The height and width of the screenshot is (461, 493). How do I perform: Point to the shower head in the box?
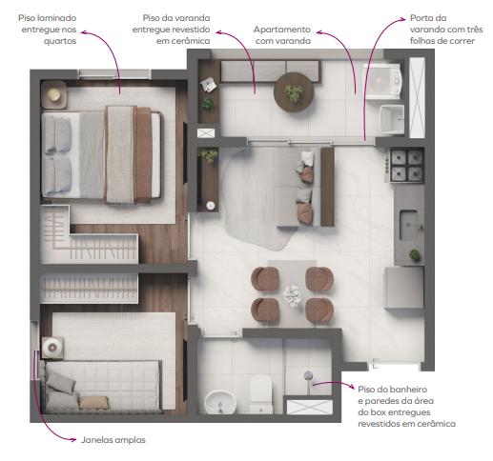309,376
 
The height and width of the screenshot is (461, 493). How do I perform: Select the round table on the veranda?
292,92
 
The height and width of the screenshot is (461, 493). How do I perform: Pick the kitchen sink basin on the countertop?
411,225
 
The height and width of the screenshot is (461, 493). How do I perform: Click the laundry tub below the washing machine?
392,119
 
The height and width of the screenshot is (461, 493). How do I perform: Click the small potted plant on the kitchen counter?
414,254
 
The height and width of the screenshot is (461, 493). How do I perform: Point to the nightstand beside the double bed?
54,94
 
